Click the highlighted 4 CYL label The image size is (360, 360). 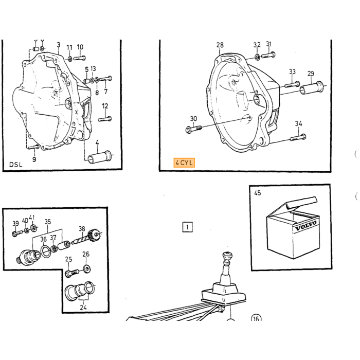click(184, 163)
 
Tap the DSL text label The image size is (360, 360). click(15, 165)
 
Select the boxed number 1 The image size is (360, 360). click(187, 227)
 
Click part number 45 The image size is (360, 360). click(258, 193)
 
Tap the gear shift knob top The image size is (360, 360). click(227, 255)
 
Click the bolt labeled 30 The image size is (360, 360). click(193, 129)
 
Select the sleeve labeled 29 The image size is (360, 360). click(311, 88)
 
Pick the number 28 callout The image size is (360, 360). click(220, 45)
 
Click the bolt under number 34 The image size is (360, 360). click(298, 137)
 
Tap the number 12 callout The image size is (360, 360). click(105, 106)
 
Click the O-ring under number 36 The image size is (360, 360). click(46, 251)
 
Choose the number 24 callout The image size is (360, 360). click(83, 307)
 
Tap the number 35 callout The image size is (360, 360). click(47, 222)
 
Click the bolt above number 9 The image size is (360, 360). click(34, 147)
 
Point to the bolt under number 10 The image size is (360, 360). click(79, 58)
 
